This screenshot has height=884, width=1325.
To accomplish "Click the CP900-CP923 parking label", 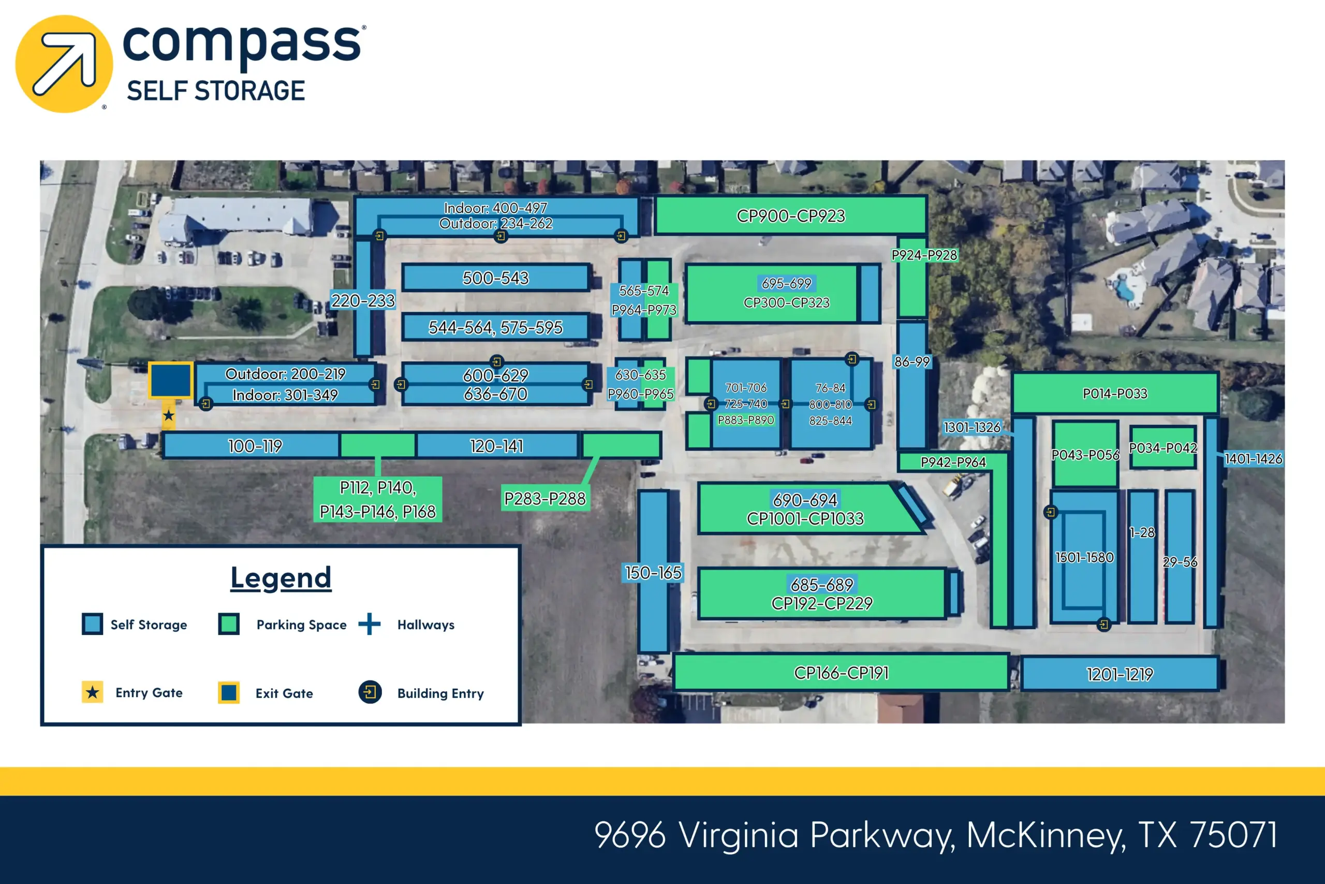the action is pyautogui.click(x=790, y=216).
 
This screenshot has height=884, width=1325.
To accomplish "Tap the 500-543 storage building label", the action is pyautogui.click(x=496, y=278).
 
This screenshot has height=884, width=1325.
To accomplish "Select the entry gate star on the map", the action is pyautogui.click(x=168, y=415).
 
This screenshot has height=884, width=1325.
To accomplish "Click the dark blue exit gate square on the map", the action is pyautogui.click(x=170, y=381).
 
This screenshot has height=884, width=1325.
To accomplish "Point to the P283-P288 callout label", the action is pyautogui.click(x=545, y=498).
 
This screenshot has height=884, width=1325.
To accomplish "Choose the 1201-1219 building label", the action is pyautogui.click(x=1120, y=674).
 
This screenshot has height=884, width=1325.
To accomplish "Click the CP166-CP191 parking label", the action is pyautogui.click(x=841, y=673).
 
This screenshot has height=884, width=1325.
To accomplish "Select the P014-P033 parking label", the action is pyautogui.click(x=1115, y=394).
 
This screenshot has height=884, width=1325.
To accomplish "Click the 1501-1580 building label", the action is pyautogui.click(x=1084, y=558).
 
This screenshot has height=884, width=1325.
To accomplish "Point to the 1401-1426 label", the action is pyautogui.click(x=1254, y=459).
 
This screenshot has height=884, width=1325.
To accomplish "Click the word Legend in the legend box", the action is pyautogui.click(x=281, y=578).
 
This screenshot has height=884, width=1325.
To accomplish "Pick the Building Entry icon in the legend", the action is pyautogui.click(x=370, y=692).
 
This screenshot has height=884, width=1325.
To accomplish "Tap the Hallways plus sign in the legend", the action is pyautogui.click(x=370, y=624).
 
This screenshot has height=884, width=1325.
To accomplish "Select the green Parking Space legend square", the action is pyautogui.click(x=229, y=624).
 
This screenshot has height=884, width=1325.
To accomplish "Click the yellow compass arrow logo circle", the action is pyautogui.click(x=64, y=64).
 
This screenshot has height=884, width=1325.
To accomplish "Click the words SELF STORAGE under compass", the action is pyautogui.click(x=216, y=91).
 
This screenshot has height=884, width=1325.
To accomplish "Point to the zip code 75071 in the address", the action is pyautogui.click(x=1233, y=835).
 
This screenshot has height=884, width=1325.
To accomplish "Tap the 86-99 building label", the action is pyautogui.click(x=912, y=362).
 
